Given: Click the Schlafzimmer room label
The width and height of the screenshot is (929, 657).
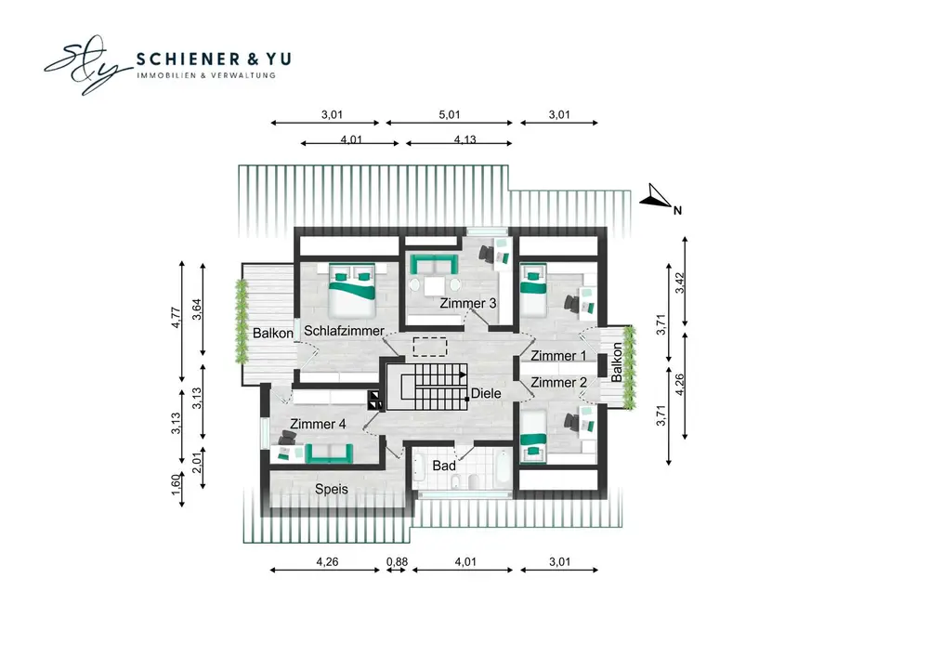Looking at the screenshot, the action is [344, 331].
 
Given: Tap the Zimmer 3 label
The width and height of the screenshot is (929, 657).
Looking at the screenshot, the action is [468, 303].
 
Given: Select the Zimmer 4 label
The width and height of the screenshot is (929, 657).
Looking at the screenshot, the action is [318, 424].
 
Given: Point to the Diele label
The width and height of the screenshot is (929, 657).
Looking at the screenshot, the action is [486, 393].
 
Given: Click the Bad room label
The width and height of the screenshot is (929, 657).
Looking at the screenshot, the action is [444, 466].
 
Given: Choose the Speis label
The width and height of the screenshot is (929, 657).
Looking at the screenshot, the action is [332, 490].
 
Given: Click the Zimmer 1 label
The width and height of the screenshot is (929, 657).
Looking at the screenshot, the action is [558, 356].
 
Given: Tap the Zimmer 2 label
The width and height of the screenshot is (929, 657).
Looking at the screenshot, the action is [558, 383].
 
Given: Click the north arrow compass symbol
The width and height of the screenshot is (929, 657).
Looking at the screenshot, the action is [657, 198].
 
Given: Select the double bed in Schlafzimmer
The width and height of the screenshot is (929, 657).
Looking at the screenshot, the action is [352, 290].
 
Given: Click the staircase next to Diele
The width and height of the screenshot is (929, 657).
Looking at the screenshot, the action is [426, 387].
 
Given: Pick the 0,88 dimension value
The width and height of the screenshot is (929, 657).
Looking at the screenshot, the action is [397, 561].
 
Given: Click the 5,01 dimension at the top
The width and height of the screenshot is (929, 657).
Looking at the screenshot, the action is [449, 114].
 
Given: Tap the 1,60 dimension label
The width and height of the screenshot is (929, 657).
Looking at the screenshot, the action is [176, 483].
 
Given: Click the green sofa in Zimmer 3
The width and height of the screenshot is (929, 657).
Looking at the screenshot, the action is [434, 264].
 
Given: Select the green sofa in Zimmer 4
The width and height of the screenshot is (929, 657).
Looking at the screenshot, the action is [329, 453].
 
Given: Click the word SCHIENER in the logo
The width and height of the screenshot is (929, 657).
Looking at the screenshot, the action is [189, 59].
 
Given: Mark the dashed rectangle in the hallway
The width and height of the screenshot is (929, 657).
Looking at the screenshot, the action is [429, 347].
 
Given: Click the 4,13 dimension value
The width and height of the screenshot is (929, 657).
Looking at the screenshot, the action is [465, 139].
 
